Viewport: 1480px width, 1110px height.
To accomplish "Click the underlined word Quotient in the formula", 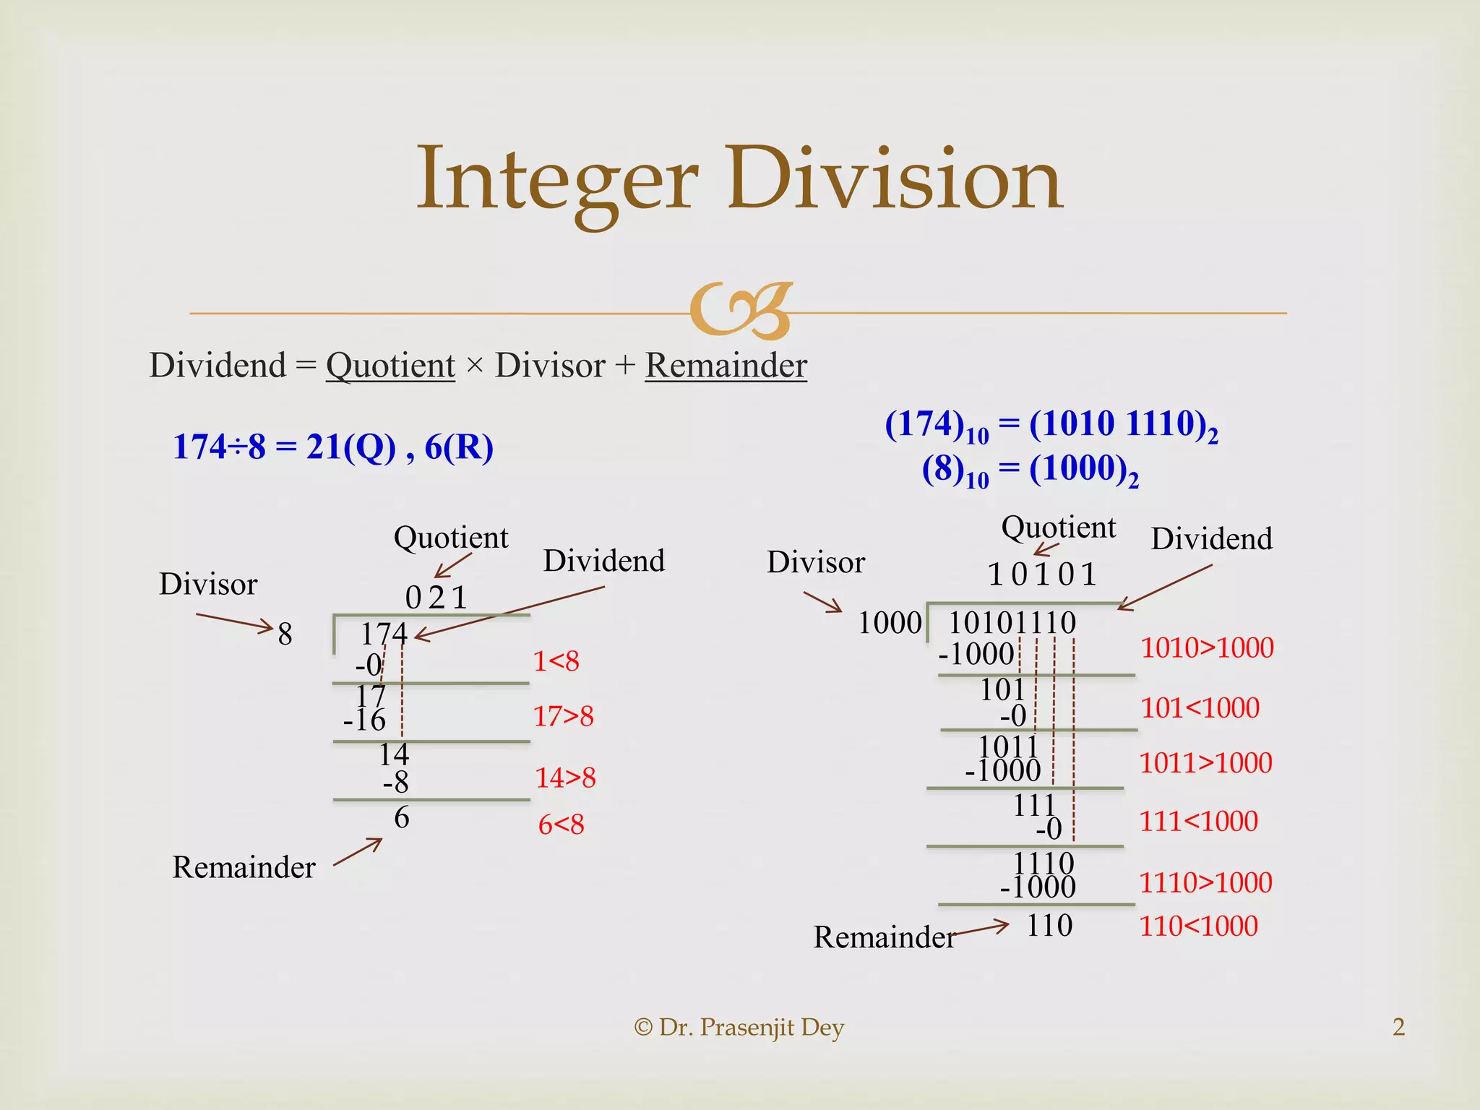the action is point(390,365).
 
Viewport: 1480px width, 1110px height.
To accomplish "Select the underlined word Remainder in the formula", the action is point(726,365).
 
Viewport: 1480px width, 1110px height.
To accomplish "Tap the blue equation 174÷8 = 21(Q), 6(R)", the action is point(333,447).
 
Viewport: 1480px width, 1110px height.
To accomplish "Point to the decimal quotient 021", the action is point(436,597).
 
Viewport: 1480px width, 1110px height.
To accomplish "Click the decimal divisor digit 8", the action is point(285,634).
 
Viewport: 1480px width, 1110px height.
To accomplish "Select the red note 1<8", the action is point(556,661).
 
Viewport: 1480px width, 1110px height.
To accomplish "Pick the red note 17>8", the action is point(563,716).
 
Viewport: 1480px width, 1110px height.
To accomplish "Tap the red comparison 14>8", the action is point(565,778).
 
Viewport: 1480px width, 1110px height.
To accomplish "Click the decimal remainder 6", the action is point(402,817).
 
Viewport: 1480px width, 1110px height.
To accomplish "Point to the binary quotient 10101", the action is point(1042,575).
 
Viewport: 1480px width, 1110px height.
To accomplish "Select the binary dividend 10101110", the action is point(1012,622).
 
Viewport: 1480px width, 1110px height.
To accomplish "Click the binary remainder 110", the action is point(1049,926).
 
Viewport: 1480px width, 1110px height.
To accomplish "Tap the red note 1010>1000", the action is point(1207,647).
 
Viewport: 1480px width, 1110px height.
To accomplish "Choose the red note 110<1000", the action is point(1198,926).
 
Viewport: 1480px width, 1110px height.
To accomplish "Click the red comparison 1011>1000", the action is point(1205,763).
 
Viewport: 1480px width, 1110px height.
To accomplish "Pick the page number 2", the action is point(1398,1027).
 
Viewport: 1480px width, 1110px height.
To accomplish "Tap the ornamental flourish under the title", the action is point(741,311).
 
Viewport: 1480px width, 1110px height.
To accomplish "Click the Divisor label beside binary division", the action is point(815,562).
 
